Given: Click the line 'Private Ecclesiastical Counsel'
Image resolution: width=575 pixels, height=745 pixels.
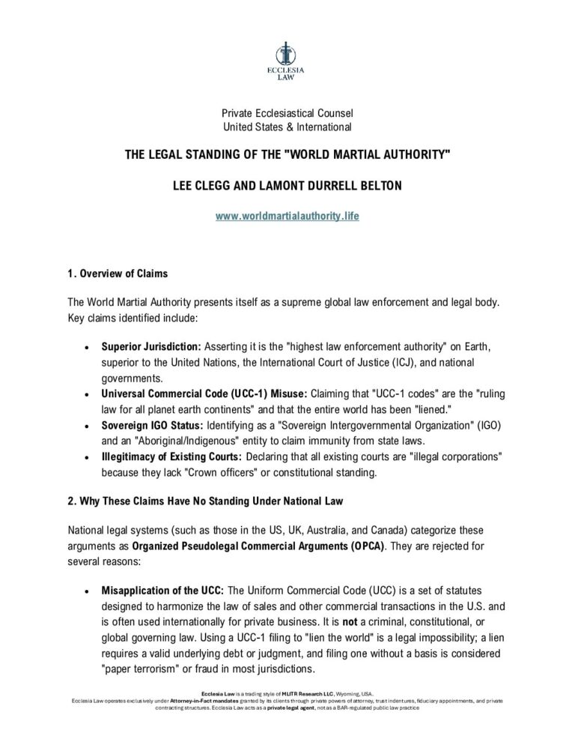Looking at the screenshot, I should (287, 113).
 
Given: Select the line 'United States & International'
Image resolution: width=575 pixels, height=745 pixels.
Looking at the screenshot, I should (287, 127).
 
